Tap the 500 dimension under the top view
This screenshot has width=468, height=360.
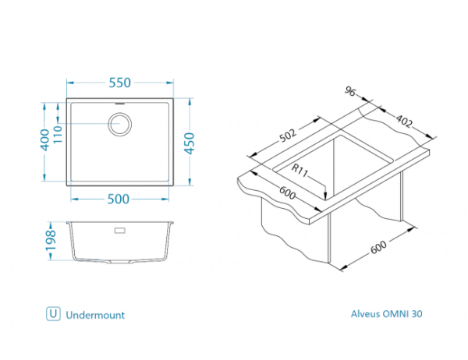click(x=119, y=198)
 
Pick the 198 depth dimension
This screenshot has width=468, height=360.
click(x=49, y=240)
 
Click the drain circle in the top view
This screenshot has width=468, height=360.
click(x=121, y=124)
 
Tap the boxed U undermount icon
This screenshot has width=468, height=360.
click(x=53, y=315)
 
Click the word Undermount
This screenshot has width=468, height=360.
click(x=95, y=315)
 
